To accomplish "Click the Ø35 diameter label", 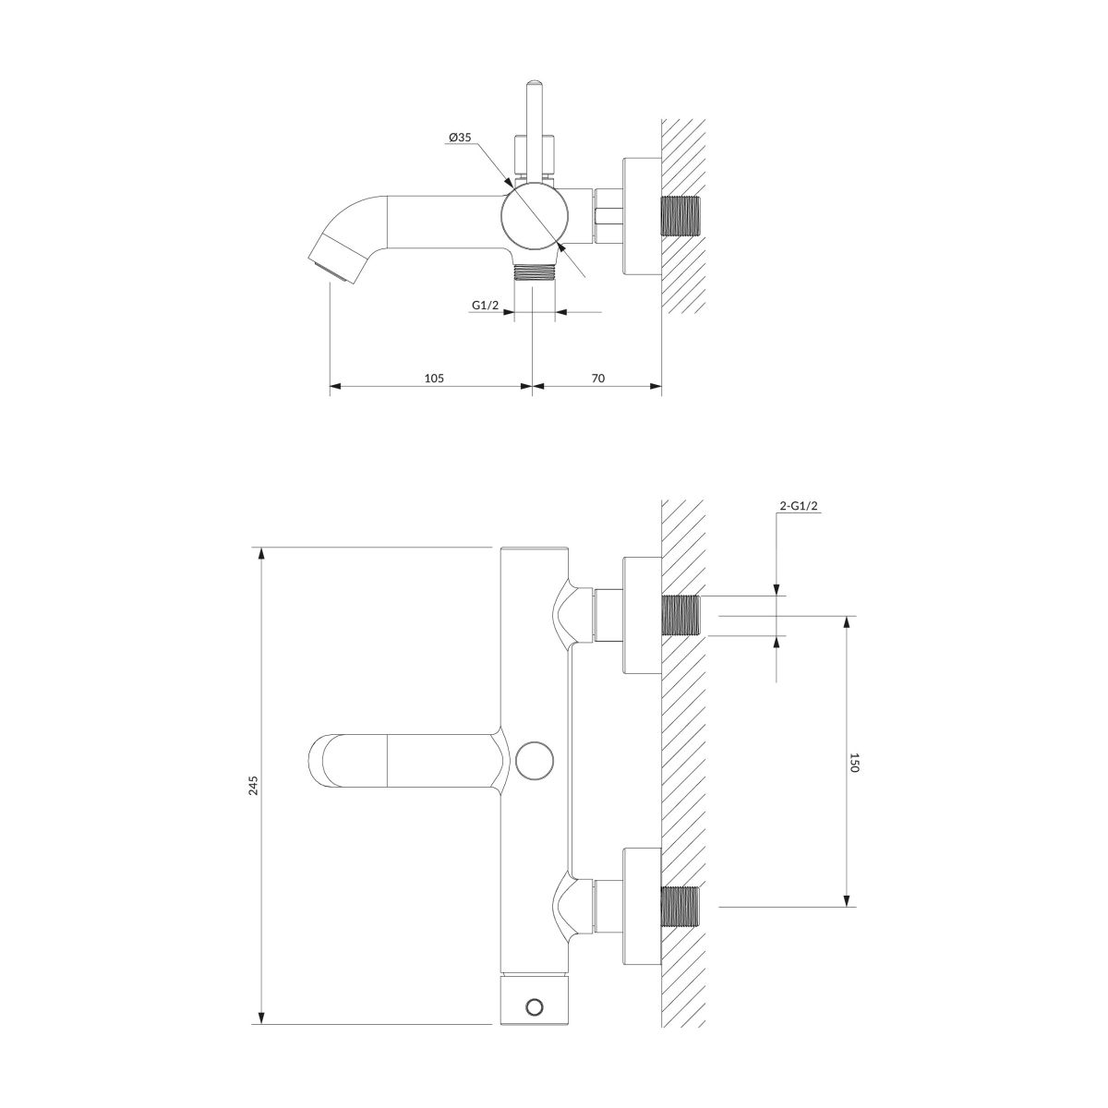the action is pos(460,138).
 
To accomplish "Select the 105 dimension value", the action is pos(434,378).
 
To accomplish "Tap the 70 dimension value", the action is pos(598,378).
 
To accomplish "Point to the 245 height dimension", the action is pos(254,786).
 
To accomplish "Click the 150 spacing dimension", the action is pos(854,763).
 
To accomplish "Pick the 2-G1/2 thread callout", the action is pos(798,506).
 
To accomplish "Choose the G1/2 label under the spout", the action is pos(486,306).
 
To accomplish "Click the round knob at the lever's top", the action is pos(535,83).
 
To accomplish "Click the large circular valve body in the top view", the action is pos(535,217).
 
